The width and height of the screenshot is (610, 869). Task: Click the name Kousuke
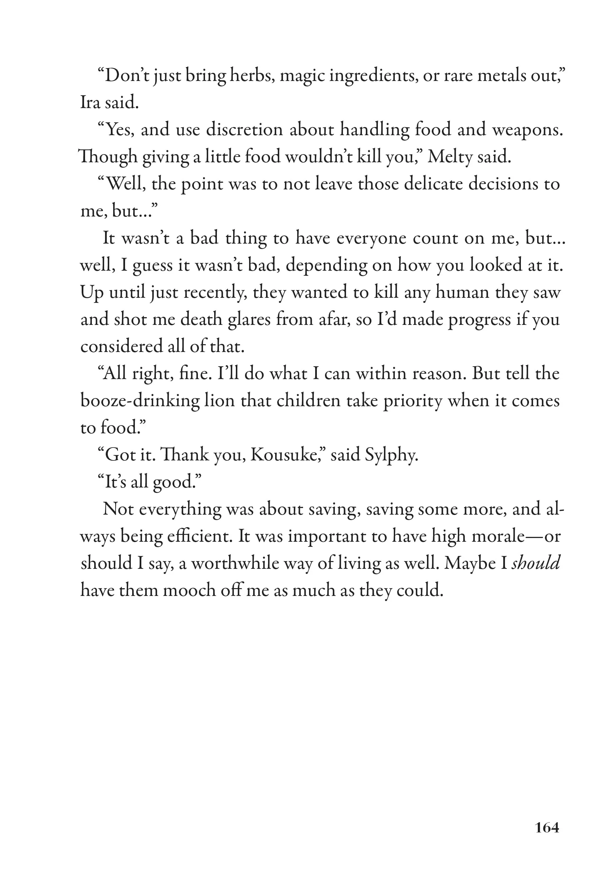[286, 455]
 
